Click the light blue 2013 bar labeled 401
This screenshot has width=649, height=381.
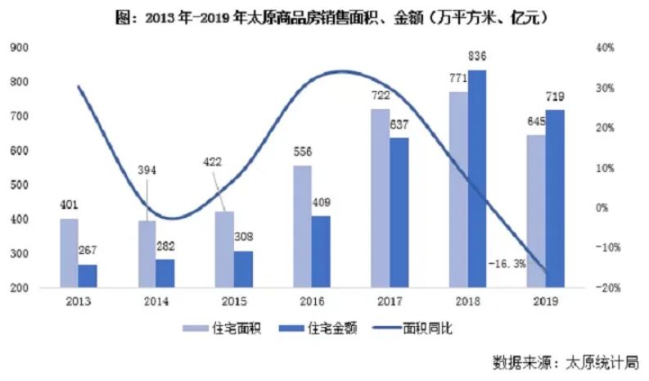click(x=69, y=253)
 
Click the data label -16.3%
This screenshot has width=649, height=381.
click(x=507, y=265)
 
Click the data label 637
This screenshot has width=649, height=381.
click(x=399, y=125)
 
